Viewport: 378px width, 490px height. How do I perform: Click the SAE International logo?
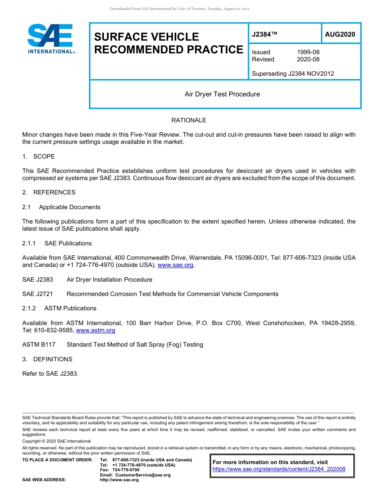(x=51, y=39)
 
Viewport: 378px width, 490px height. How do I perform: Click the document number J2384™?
(x=265, y=35)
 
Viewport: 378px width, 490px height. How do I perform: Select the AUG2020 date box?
(x=340, y=35)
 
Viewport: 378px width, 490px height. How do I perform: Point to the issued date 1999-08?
(x=308, y=52)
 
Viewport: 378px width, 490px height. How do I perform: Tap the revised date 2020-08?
(x=308, y=59)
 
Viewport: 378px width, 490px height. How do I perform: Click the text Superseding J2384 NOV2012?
(x=293, y=74)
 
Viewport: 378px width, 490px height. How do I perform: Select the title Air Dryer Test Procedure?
(x=222, y=94)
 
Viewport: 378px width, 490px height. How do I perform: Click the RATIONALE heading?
(x=189, y=120)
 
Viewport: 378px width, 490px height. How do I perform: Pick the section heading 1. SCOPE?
(x=39, y=157)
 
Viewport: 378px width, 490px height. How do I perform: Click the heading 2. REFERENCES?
(x=49, y=192)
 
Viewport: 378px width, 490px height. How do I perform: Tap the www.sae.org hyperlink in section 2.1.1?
(x=175, y=265)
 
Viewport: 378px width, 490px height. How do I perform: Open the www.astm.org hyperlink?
(x=95, y=330)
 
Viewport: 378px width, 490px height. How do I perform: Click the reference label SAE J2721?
(x=37, y=294)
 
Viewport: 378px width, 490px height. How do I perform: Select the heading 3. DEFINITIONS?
(x=47, y=359)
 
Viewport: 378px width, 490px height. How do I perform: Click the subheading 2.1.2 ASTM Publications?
(x=59, y=308)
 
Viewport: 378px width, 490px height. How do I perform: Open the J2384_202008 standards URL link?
(x=279, y=469)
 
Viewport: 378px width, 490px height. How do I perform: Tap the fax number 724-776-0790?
(x=126, y=470)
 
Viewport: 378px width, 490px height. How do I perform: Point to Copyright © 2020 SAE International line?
(x=57, y=441)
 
